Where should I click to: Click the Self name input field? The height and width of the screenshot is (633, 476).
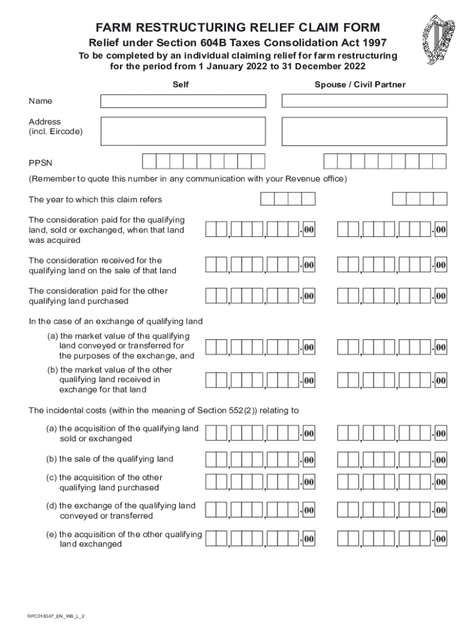tap(183, 101)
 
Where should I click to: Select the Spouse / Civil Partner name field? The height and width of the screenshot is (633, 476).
tap(364, 101)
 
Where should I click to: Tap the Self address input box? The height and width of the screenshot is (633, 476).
tap(183, 131)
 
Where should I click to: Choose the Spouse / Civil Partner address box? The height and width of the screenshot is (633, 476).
tap(364, 131)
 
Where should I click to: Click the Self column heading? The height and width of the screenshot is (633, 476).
tap(180, 85)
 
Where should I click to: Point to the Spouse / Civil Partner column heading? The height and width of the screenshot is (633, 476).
tap(360, 85)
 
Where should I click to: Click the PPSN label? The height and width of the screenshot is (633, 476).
tap(41, 163)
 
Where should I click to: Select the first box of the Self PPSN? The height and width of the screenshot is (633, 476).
tap(149, 161)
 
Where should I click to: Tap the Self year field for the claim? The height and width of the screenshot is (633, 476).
tap(287, 199)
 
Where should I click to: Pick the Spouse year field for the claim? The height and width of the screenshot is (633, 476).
tap(420, 199)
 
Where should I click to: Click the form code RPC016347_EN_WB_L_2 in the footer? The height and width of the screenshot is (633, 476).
tap(56, 616)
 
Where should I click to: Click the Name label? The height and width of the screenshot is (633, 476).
tap(41, 101)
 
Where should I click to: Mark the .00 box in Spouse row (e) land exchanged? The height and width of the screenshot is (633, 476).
tap(440, 540)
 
